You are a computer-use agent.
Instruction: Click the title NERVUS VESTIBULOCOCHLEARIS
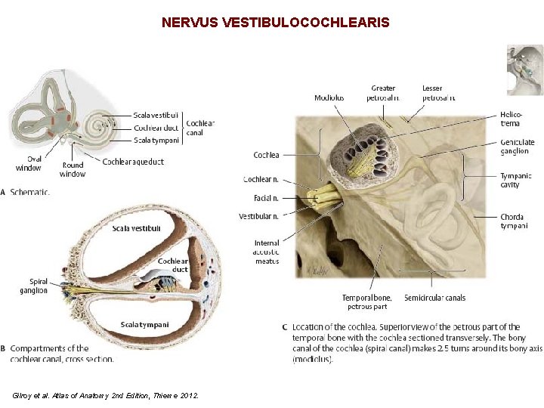coord(275,23)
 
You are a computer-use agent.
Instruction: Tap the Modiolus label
coord(329,97)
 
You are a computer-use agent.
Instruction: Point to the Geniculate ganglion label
coord(517,147)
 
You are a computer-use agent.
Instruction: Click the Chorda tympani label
coord(512,221)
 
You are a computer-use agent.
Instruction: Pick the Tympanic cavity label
coord(515,180)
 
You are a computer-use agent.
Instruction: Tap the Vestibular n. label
coord(258,216)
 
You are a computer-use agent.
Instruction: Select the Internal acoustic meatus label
coord(266,252)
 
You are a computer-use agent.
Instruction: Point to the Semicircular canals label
coord(434,298)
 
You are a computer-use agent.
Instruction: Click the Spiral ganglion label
coord(33,286)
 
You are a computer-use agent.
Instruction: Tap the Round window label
coord(73,169)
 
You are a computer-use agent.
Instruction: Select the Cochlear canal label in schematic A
coord(199,128)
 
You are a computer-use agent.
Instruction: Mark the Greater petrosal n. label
coord(383,93)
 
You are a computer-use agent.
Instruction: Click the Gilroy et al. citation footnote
coord(106,395)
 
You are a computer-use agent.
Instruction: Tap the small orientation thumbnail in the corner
coord(524,70)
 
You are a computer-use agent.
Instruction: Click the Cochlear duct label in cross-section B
coord(173,265)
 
